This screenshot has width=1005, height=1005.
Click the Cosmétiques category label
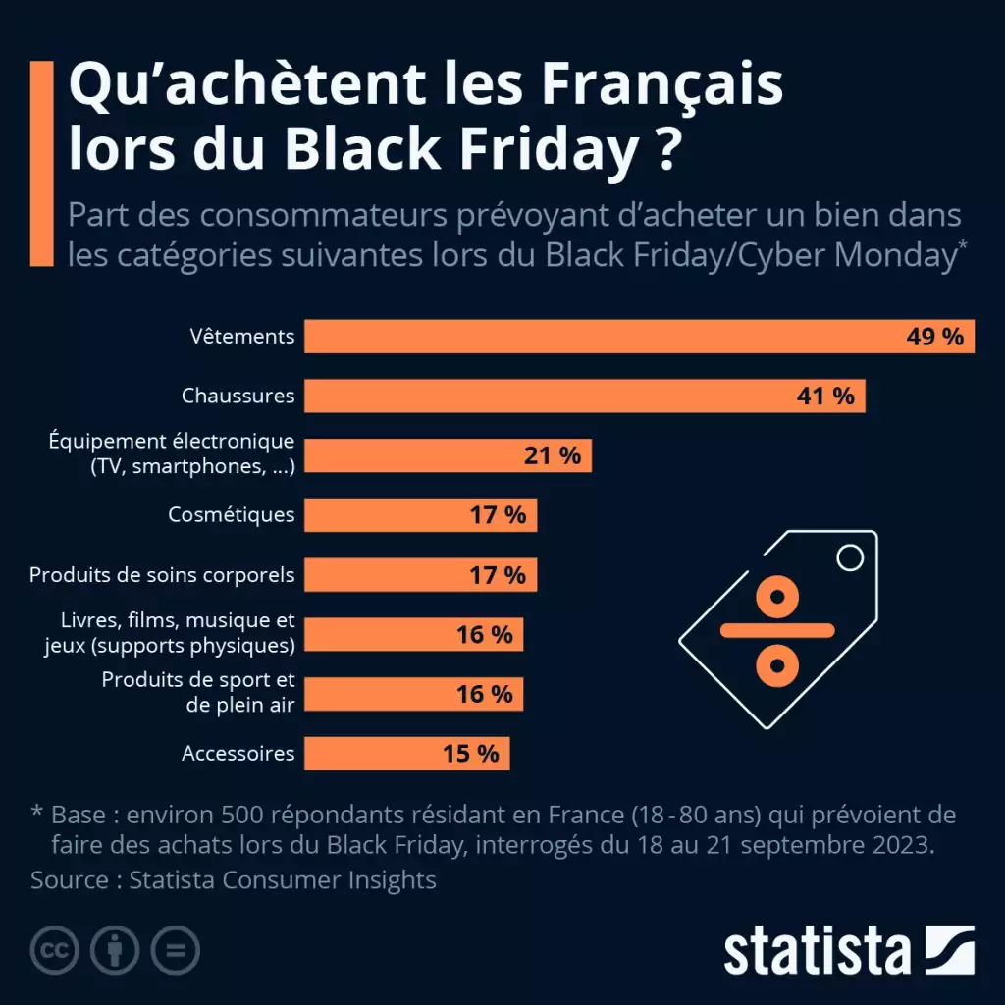(231, 514)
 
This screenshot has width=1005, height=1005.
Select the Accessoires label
(238, 754)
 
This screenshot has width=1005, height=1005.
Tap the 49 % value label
(934, 337)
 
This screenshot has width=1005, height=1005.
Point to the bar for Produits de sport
(413, 694)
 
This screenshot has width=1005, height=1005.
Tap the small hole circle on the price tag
(849, 558)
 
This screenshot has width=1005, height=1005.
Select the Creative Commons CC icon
(55, 950)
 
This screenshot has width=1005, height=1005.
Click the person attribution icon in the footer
(115, 950)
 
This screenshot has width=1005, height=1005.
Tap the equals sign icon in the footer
(175, 950)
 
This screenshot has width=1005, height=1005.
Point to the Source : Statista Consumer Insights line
(234, 879)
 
